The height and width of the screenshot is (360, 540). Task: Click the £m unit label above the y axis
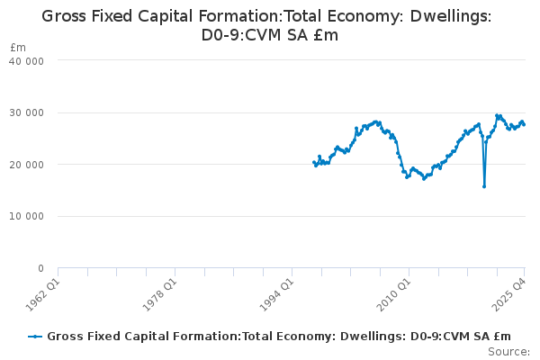point(18,47)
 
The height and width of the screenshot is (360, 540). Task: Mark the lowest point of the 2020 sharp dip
point(484,186)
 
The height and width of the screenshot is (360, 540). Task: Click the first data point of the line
point(313,162)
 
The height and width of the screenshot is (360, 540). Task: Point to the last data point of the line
point(525,124)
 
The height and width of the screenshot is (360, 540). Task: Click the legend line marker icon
point(35,337)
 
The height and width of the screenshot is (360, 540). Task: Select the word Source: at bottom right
point(508,352)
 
